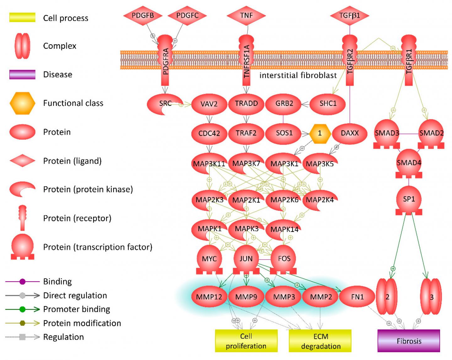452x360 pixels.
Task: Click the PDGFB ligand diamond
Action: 143,15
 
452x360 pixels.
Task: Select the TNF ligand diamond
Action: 246,15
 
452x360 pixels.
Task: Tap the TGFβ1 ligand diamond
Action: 349,15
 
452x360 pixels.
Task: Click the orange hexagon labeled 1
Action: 320,133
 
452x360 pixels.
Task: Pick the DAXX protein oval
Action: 349,133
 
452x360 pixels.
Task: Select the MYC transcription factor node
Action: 209,259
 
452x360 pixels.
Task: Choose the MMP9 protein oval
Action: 246,297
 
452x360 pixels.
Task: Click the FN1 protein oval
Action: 357,297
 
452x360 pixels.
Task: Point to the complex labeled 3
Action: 431,297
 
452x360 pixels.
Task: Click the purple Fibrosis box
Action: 409,341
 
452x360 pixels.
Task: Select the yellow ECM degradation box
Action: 320,341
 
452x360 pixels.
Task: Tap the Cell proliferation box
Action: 246,341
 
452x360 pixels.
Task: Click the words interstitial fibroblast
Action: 298,75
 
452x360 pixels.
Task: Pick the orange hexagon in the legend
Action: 23,103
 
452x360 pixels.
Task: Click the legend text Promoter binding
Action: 77,309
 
